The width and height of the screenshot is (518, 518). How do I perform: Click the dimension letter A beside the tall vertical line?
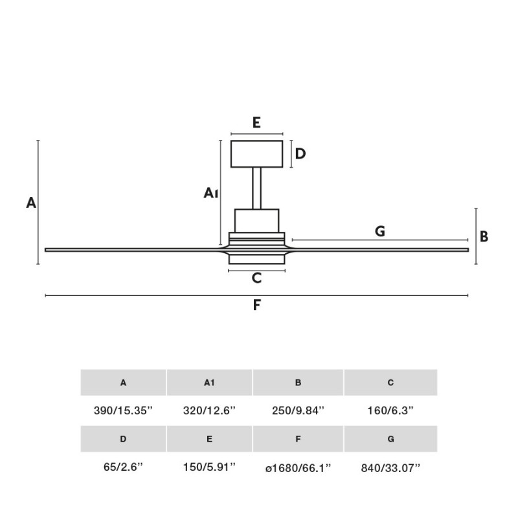pos(31,203)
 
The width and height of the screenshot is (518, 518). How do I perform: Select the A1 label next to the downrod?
pos(211,192)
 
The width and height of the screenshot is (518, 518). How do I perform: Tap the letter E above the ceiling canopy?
pos(256,122)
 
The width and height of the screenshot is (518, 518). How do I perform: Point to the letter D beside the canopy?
pos(300,154)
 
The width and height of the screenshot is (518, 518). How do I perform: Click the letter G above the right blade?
pos(380,231)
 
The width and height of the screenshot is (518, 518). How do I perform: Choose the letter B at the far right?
pos(484,236)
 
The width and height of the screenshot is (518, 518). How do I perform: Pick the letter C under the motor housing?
pos(256,278)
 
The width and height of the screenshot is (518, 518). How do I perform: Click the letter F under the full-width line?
pos(256,305)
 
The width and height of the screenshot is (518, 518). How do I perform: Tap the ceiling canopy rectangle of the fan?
pos(257,153)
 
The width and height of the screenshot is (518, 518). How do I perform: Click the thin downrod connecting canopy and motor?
pos(257,188)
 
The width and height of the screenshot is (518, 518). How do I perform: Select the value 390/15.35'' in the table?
pos(123,411)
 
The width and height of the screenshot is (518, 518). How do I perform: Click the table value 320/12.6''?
pos(209,411)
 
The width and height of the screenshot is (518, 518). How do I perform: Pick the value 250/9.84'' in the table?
pos(298,411)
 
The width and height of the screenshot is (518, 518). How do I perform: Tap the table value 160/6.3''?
pos(390,411)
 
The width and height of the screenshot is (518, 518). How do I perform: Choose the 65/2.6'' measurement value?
pos(123,467)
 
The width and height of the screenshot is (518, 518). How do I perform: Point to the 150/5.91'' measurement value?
pos(209,467)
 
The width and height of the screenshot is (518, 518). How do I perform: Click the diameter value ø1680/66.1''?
pos(298,467)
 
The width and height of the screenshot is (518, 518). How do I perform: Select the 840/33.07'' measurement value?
pos(390,467)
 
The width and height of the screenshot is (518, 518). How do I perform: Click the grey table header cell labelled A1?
pos(209,383)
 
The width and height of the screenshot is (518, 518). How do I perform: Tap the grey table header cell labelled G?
pos(390,439)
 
